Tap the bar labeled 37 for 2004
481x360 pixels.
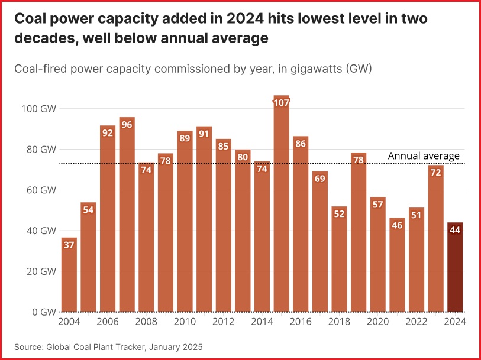(x=69, y=275)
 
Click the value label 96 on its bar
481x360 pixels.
(x=127, y=124)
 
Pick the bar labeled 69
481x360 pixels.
(x=319, y=242)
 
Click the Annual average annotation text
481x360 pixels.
(x=424, y=156)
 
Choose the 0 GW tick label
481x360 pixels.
(x=44, y=312)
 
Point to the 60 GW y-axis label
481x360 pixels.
(x=43, y=190)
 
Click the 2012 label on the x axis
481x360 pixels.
(x=223, y=322)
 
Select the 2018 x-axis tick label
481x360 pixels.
(x=339, y=322)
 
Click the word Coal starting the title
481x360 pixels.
(x=30, y=19)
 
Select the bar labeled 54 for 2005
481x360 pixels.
(x=88, y=257)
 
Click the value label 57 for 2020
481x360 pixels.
(x=377, y=205)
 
